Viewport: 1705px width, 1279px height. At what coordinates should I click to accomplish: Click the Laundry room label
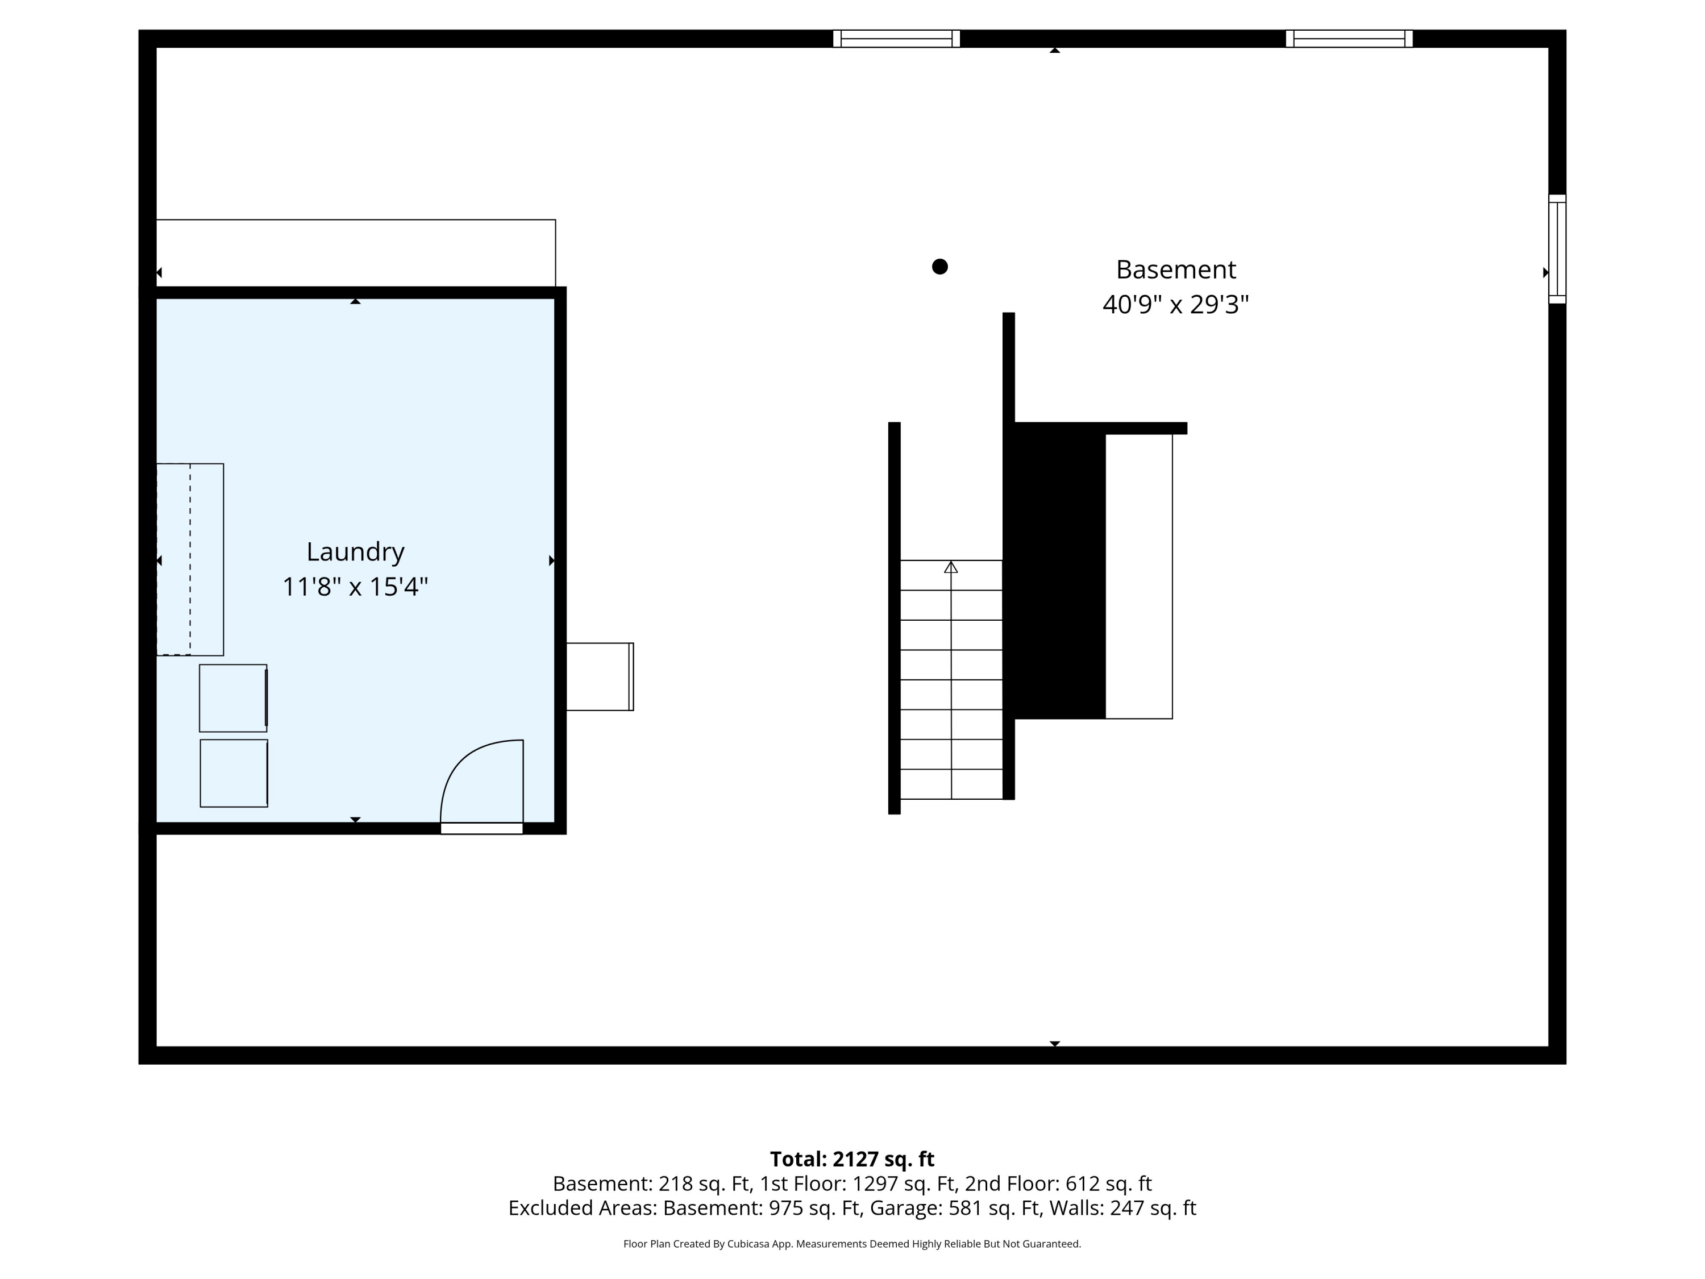355,552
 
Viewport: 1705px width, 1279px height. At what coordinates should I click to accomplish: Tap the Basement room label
1175,270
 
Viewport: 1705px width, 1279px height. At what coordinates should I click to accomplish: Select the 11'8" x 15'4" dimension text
355,587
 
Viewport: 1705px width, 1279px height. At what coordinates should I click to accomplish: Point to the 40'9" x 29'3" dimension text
1175,305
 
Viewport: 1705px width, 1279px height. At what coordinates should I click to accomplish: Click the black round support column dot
939,267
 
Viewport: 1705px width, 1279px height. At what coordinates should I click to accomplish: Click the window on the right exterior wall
1557,249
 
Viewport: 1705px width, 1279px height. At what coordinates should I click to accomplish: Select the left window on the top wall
896,39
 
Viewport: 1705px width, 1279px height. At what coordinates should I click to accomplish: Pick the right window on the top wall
1349,39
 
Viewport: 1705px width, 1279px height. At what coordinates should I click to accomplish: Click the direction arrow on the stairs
951,567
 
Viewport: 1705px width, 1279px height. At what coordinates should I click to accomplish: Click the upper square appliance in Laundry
234,697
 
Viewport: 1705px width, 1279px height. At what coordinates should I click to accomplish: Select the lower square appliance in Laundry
234,773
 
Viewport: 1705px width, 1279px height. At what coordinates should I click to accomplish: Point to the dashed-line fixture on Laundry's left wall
190,560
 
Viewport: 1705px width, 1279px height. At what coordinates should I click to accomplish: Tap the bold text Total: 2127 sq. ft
852,1158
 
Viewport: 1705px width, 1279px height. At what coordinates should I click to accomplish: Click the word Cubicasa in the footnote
748,1244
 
